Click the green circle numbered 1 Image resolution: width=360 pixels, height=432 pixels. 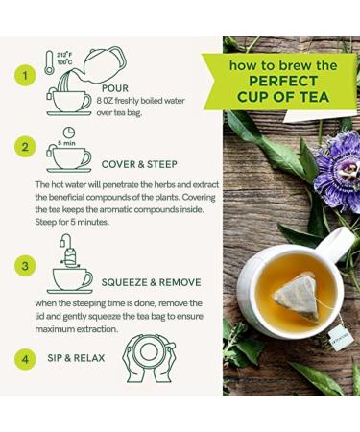[25, 76]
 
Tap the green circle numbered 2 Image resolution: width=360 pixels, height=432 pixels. [25, 147]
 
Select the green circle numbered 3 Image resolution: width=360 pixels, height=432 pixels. [25, 266]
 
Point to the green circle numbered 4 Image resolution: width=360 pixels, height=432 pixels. [25, 359]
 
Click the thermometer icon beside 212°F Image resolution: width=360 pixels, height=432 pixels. [49, 62]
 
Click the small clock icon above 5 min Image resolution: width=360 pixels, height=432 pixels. [68, 132]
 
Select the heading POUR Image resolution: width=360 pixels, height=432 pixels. [115, 88]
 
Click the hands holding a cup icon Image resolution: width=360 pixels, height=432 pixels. [149, 358]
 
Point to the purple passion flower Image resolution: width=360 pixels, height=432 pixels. [339, 171]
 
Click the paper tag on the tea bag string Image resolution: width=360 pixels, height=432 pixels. [341, 336]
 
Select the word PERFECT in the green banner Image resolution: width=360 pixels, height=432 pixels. [283, 82]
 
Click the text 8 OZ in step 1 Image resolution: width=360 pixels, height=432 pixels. [105, 101]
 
